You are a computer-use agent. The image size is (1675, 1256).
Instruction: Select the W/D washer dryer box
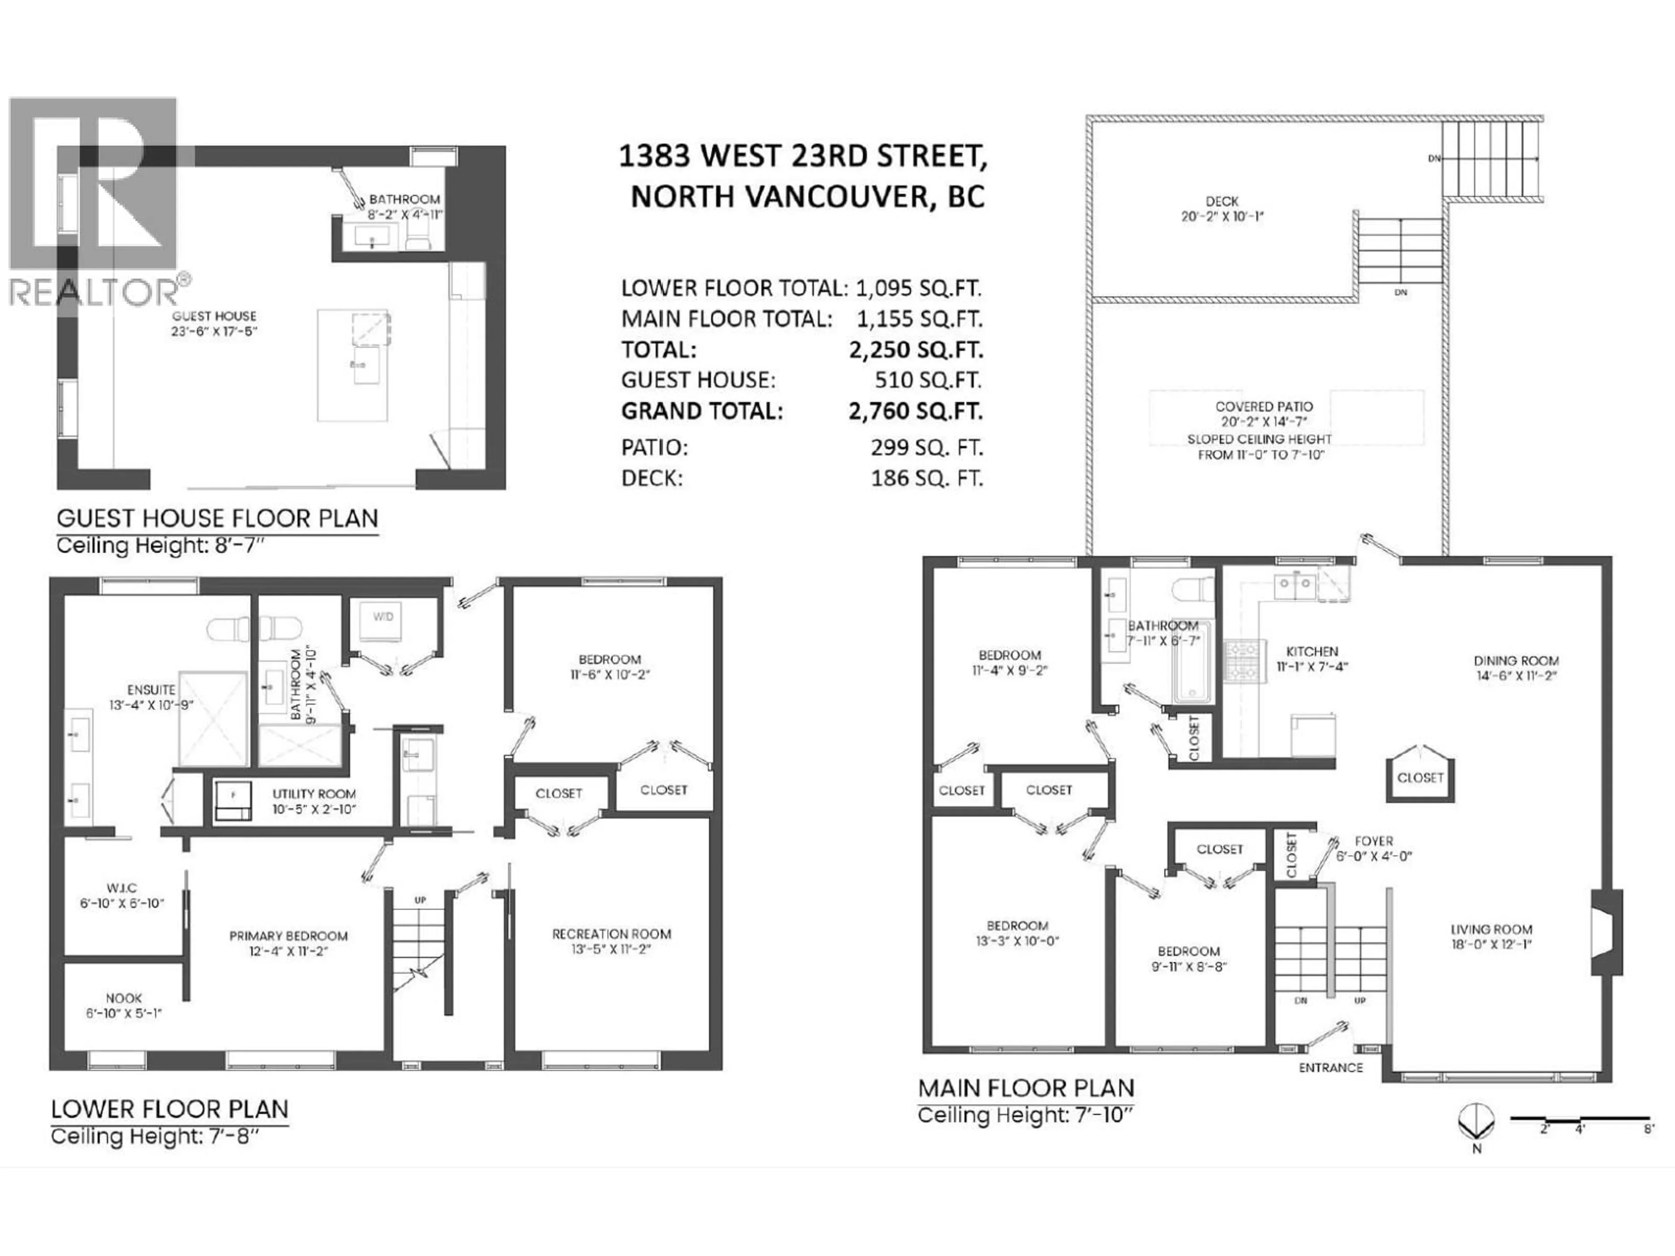(383, 617)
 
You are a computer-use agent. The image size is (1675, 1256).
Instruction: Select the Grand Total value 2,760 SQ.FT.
(916, 411)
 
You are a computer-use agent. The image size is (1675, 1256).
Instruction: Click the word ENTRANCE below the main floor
(1330, 1068)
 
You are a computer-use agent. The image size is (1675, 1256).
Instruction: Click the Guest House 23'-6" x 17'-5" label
(214, 323)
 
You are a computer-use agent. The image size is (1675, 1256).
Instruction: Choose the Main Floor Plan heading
(1026, 1089)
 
